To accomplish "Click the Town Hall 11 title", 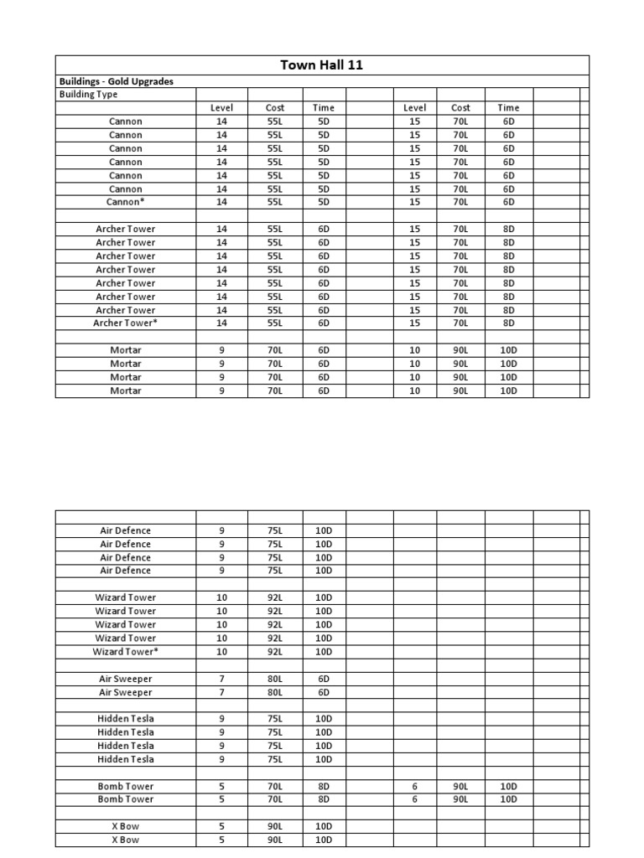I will [322, 65].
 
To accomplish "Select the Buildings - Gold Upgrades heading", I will [117, 82].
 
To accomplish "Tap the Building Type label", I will [89, 95].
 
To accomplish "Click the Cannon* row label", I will [125, 202].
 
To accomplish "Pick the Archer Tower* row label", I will [125, 323].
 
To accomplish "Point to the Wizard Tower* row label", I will [125, 651].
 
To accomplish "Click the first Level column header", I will [222, 108].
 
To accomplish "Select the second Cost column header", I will [460, 108].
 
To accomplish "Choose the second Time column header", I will [508, 108].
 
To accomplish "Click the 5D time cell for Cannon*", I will [324, 202].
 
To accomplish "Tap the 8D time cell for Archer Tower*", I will [508, 323].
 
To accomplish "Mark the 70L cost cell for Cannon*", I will [460, 202].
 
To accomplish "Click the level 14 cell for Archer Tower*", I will [222, 323].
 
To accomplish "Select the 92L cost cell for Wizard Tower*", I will [275, 651].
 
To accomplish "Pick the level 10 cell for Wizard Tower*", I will [222, 651].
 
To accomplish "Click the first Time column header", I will [324, 108].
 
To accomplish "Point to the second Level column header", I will [414, 108].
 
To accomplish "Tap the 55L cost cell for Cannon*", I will [275, 202].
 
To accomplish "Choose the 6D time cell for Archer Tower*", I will [324, 323].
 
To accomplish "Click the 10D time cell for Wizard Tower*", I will [324, 651].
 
